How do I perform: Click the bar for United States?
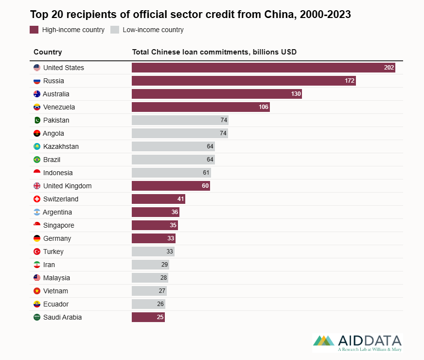pos(263,68)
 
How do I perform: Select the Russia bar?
pos(244,81)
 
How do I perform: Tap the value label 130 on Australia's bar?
pos(296,94)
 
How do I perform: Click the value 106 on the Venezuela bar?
pos(264,107)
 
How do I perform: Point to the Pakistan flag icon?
pos(37,120)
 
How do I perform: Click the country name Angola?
pos(53,133)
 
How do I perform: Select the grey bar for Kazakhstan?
pos(173,146)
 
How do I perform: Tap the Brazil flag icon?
pos(37,160)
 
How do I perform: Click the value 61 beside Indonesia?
pos(206,173)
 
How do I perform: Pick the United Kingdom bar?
pos(171,186)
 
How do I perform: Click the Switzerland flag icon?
pos(37,199)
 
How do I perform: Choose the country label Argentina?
pos(57,212)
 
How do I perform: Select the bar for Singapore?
pos(155,225)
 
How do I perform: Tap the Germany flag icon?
pos(37,238)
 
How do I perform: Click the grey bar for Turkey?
pos(153,252)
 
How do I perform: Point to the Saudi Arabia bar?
pos(148,317)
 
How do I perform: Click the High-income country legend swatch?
pos(34,30)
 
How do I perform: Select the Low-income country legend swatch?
pos(115,30)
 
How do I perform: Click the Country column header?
pos(48,52)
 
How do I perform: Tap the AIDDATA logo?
pos(357,342)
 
